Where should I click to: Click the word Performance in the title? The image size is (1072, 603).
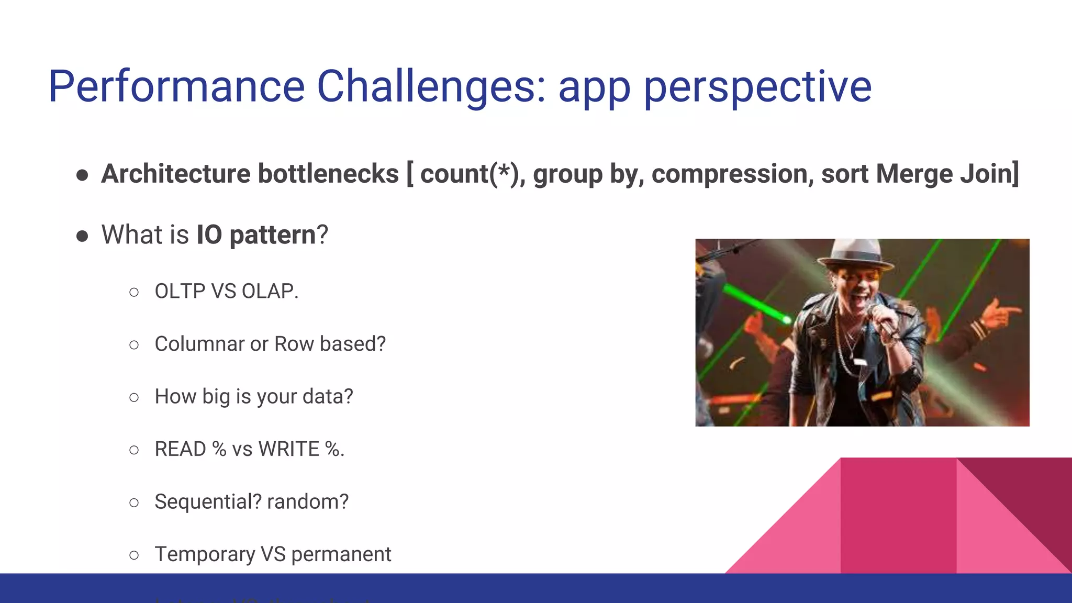pyautogui.click(x=176, y=87)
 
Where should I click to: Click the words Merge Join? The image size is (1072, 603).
pyautogui.click(x=946, y=174)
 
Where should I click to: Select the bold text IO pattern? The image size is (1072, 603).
pyautogui.click(x=256, y=234)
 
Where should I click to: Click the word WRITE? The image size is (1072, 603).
pyautogui.click(x=288, y=449)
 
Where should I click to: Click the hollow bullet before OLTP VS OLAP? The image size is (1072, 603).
pyautogui.click(x=134, y=292)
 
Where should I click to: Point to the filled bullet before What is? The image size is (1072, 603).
pyautogui.click(x=82, y=236)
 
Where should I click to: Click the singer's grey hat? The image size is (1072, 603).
pyautogui.click(x=855, y=252)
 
